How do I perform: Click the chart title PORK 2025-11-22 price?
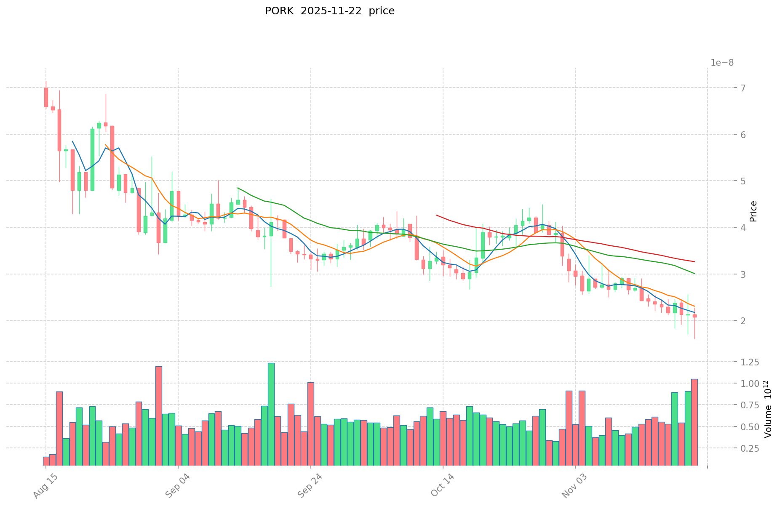(329, 11)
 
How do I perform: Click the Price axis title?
(753, 211)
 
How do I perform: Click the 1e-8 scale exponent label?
(722, 63)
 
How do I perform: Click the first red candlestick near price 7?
(46, 97)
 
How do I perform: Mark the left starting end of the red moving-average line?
(436, 215)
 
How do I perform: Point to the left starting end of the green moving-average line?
(238, 188)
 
